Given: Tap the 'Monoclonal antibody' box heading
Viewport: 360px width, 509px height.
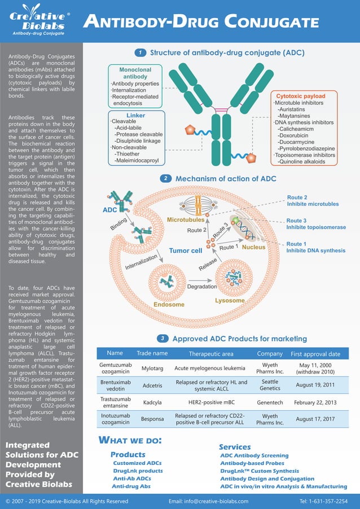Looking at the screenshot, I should tap(135, 73).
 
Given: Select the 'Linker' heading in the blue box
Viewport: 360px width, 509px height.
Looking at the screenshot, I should tap(135, 115).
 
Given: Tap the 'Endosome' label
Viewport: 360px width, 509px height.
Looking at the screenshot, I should tap(169, 305).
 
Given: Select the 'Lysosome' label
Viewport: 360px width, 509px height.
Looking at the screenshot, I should tap(230, 300).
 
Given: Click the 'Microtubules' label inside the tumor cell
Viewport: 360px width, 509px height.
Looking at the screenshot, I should tap(186, 219).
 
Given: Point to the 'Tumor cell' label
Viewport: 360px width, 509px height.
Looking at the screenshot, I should tap(186, 251).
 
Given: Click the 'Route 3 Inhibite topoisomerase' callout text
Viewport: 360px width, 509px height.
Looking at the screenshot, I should tap(316, 224).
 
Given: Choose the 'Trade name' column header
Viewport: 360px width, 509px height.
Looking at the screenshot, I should tap(152, 353).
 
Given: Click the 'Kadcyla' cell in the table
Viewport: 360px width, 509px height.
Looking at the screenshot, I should tap(152, 403).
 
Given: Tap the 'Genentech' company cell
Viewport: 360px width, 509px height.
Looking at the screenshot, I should tap(269, 403).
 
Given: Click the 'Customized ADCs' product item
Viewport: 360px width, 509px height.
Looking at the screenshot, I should tap(137, 463).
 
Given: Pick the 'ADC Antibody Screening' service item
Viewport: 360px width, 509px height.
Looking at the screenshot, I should tap(254, 455).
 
